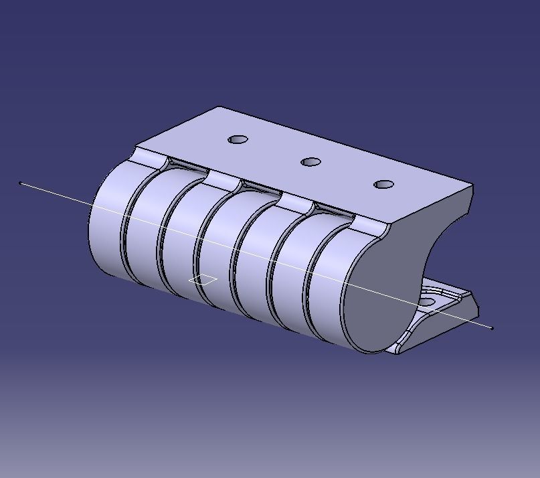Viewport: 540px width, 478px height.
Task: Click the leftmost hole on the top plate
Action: click(238, 140)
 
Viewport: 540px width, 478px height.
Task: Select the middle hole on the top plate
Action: click(310, 162)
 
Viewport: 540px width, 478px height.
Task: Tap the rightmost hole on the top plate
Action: click(383, 184)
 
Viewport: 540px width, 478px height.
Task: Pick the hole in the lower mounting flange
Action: click(427, 302)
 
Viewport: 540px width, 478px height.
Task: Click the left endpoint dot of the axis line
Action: click(22, 183)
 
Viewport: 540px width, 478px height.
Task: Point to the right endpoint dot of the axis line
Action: click(492, 328)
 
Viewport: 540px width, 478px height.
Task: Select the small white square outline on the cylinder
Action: click(203, 280)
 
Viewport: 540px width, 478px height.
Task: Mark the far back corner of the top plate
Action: click(221, 106)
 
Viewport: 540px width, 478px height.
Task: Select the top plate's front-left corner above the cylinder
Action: click(136, 147)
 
